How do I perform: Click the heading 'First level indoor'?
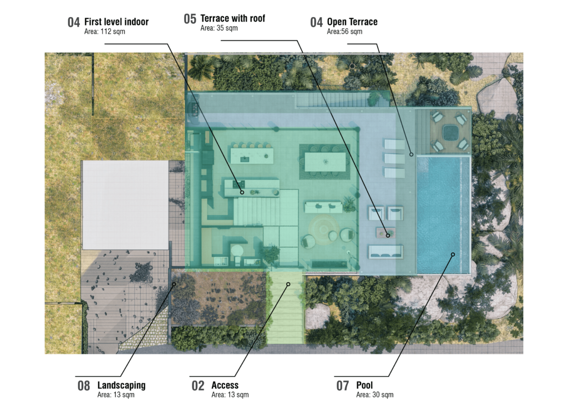(x=116, y=22)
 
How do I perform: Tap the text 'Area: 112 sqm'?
(x=105, y=32)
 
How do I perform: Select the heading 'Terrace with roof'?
(x=232, y=18)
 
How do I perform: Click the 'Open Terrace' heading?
(x=352, y=22)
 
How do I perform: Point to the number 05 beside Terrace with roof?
(x=190, y=19)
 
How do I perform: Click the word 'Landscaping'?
(x=121, y=385)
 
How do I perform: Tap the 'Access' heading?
(x=225, y=385)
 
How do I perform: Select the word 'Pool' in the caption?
(x=364, y=385)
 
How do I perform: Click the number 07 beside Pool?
(x=343, y=386)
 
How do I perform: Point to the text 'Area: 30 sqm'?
(x=374, y=395)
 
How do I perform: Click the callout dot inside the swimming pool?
(x=453, y=255)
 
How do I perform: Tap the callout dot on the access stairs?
(x=288, y=284)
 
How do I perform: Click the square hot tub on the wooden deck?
(x=450, y=132)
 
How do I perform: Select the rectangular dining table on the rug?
(x=325, y=162)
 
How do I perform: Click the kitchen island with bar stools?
(x=252, y=155)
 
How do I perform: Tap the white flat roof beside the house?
(x=125, y=205)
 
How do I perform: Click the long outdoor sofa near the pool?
(x=386, y=252)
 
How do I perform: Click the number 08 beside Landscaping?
(x=84, y=386)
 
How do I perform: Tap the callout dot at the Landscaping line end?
(x=174, y=284)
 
